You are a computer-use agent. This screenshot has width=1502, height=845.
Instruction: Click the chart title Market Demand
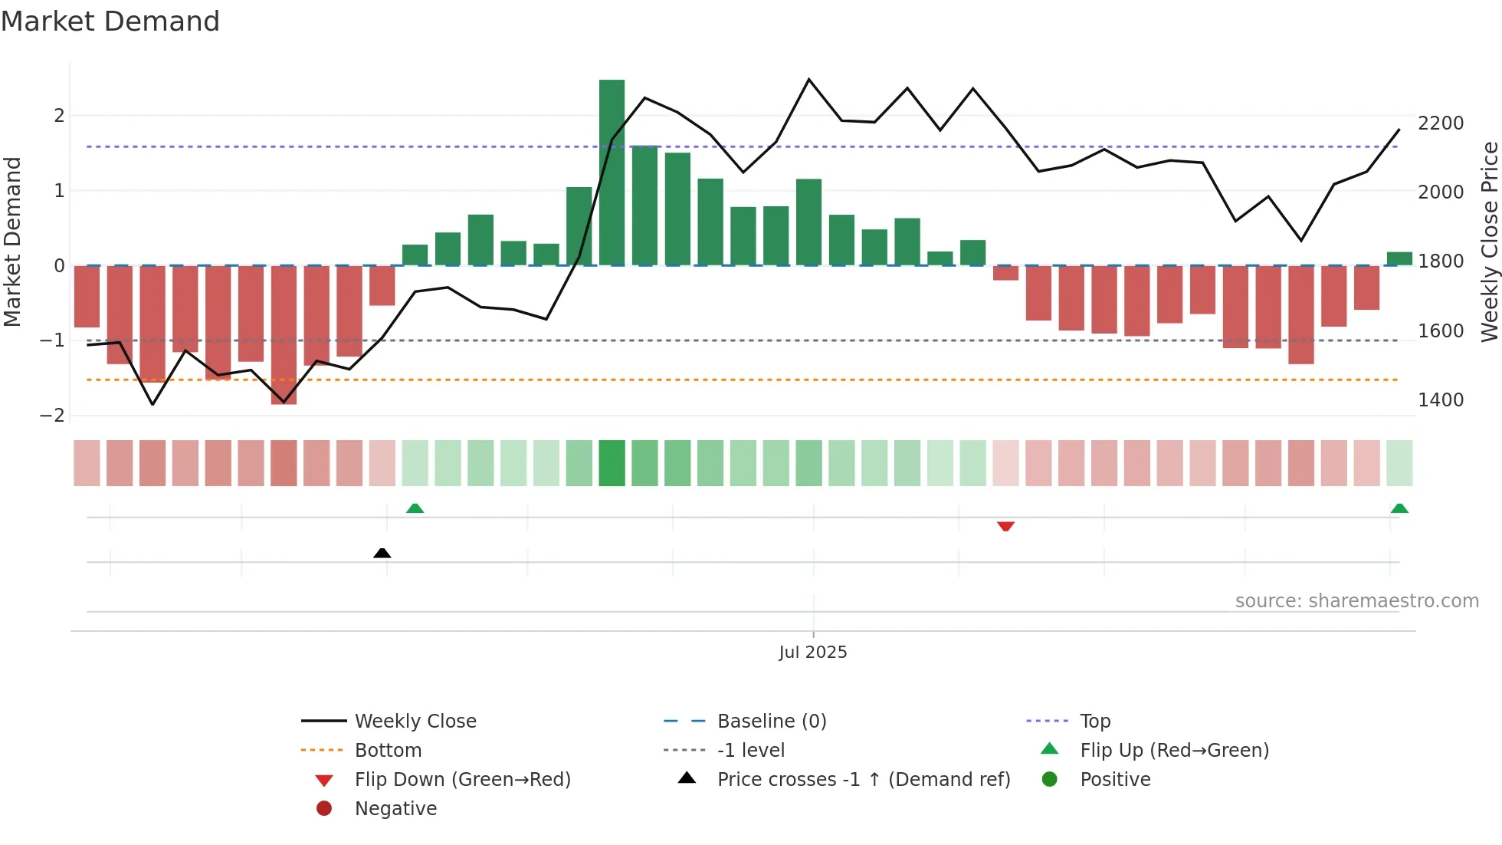[x=110, y=21]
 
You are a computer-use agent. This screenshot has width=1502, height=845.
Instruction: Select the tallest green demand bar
[x=612, y=173]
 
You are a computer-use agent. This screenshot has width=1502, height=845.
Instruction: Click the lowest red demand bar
[x=284, y=334]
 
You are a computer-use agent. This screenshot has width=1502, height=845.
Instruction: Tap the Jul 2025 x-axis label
[x=812, y=652]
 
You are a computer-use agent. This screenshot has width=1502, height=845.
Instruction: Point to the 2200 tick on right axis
[x=1441, y=123]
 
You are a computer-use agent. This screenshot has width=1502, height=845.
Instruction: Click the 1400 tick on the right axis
[x=1441, y=400]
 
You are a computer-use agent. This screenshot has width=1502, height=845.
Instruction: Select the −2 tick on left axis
[x=53, y=416]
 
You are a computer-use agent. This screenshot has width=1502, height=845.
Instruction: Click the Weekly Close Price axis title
[x=1489, y=242]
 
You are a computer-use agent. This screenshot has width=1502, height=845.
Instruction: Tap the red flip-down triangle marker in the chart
[x=1005, y=526]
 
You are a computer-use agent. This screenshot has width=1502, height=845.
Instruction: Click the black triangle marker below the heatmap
[x=382, y=553]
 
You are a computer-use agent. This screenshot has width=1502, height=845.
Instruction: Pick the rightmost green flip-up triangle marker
[x=1399, y=508]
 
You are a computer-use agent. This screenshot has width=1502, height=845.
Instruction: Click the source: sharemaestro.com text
[x=1356, y=601]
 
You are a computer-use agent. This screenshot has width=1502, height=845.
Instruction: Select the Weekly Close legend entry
[x=415, y=722]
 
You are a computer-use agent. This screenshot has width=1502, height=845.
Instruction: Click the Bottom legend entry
[x=388, y=751]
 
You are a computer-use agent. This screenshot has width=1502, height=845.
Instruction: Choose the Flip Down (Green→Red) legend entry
[x=462, y=780]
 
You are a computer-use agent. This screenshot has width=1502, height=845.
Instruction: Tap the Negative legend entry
[x=395, y=809]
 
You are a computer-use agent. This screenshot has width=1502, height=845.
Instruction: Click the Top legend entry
[x=1094, y=722]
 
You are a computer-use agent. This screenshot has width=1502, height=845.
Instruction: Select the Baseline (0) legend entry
[x=771, y=722]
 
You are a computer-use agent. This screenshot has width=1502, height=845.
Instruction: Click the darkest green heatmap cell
[x=612, y=463]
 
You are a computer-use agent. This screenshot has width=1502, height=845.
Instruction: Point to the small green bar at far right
[x=1399, y=258]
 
